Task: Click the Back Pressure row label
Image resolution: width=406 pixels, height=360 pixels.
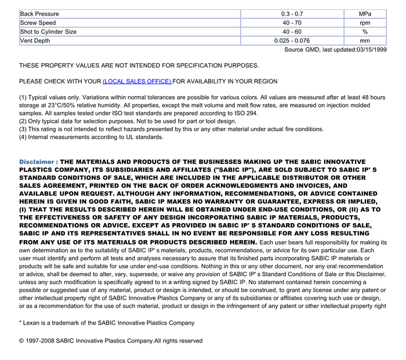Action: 39,13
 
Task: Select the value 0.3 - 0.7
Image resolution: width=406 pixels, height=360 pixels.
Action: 292,13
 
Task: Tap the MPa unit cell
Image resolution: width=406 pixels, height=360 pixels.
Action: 365,13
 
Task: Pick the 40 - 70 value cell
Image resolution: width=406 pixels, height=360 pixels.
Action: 292,23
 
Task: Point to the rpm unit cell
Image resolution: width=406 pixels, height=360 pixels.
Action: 365,23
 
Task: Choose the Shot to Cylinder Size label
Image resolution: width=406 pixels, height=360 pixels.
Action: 48,32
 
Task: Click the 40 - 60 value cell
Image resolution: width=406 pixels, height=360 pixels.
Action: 292,32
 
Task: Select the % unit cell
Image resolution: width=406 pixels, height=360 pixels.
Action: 365,32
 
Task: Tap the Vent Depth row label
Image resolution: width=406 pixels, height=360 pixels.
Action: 35,41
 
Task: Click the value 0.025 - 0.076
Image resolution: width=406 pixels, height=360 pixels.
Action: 292,41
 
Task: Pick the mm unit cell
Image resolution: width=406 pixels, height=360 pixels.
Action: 365,41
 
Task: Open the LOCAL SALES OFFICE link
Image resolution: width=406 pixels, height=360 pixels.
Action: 137,82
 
